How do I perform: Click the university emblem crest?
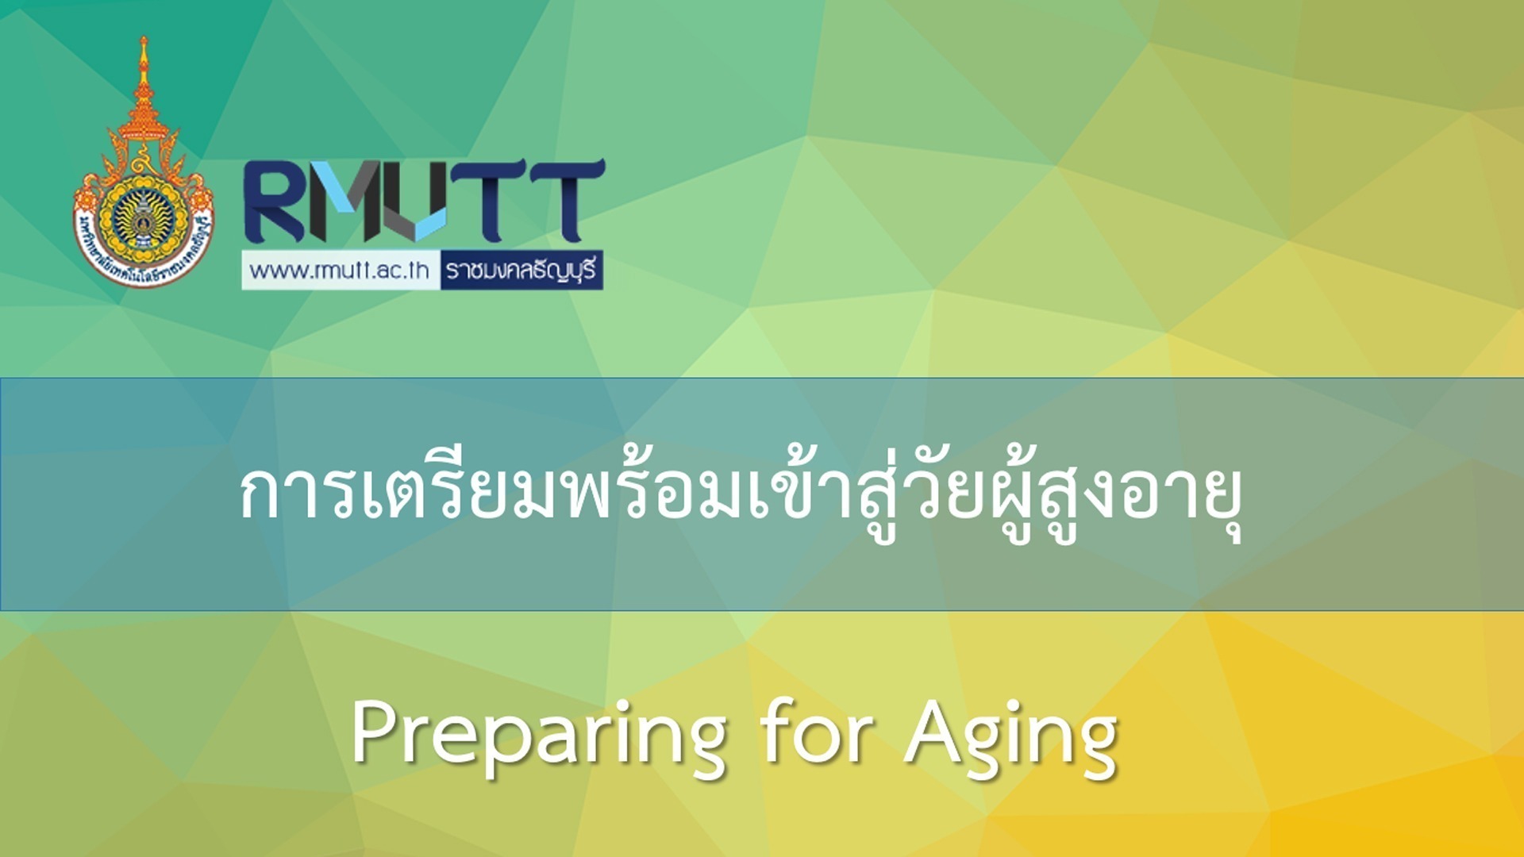[x=144, y=214]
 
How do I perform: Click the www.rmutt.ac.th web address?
[x=340, y=271]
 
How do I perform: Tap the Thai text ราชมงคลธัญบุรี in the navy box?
[x=521, y=271]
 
